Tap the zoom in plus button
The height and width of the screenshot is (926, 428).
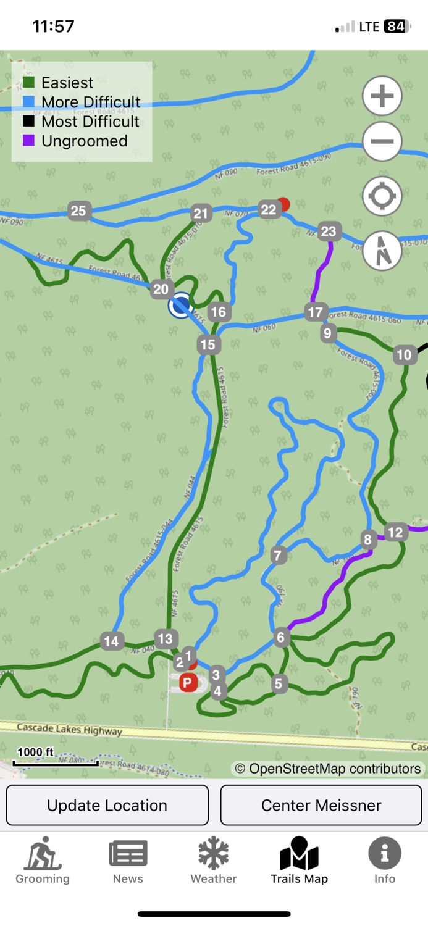click(x=382, y=96)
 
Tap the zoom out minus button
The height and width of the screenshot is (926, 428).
click(x=382, y=141)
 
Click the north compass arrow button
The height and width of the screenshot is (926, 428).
click(x=382, y=250)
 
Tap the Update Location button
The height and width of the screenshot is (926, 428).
click(x=107, y=805)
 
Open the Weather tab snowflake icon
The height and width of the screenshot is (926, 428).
click(x=214, y=854)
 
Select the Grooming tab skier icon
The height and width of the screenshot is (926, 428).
click(x=43, y=854)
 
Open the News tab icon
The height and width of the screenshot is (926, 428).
click(x=128, y=854)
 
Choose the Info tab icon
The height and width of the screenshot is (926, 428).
click(x=384, y=854)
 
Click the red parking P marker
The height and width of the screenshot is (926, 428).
click(x=188, y=683)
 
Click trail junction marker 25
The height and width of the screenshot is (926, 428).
click(x=78, y=211)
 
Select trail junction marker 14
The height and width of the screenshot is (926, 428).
click(x=111, y=641)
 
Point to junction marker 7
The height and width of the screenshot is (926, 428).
click(x=278, y=555)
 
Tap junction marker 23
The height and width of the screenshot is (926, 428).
click(x=329, y=231)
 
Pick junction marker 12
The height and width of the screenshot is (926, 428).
click(x=395, y=532)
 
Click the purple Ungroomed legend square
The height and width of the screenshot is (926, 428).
click(x=28, y=141)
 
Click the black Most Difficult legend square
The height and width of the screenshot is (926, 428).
click(x=28, y=121)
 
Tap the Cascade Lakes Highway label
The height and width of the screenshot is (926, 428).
click(x=69, y=729)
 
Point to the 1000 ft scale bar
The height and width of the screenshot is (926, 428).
click(x=56, y=762)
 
